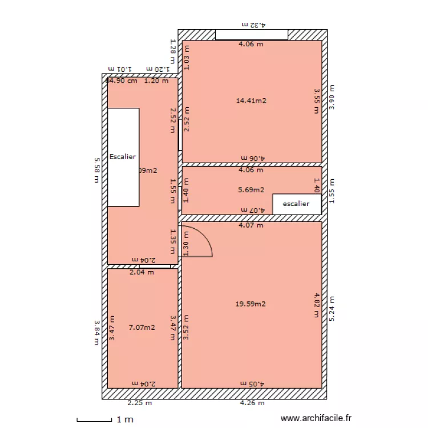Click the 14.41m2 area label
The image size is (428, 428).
coord(251,101)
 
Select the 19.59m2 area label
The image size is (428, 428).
coord(251,304)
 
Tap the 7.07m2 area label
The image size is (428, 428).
coord(142,328)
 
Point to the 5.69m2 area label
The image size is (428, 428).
coord(251,190)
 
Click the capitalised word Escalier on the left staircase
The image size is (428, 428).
coord(123,156)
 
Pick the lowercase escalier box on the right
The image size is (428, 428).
coord(297,204)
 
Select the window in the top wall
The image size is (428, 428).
coord(252,35)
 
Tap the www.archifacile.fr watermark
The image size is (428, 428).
coord(317,419)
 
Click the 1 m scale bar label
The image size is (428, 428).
coord(125,420)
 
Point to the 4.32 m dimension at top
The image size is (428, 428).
coord(255,25)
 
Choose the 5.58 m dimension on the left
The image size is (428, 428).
coord(97,170)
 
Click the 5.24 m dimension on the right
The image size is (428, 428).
coord(332,308)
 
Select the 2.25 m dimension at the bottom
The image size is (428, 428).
coord(140,403)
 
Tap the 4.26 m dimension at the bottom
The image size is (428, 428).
coord(252,403)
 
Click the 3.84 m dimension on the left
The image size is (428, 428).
coord(97,332)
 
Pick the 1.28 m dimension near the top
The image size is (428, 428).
coord(172,51)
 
